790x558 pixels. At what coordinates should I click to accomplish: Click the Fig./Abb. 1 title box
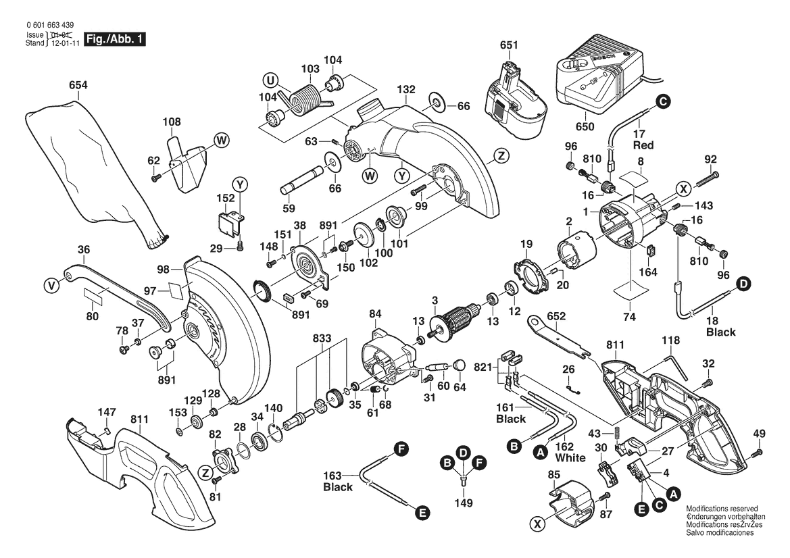click(114, 39)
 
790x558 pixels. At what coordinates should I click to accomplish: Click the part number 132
click(405, 90)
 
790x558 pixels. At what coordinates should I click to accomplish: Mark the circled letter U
click(271, 82)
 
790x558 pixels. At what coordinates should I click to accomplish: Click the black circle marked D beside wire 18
click(743, 286)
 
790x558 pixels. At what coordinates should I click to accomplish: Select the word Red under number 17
click(642, 145)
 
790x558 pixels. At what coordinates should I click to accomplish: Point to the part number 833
click(322, 337)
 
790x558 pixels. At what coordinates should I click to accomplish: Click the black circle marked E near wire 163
click(422, 513)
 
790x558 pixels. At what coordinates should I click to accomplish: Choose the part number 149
click(464, 503)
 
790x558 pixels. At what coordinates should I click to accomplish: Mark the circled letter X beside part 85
click(538, 523)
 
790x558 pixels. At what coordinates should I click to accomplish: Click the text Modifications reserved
click(721, 508)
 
